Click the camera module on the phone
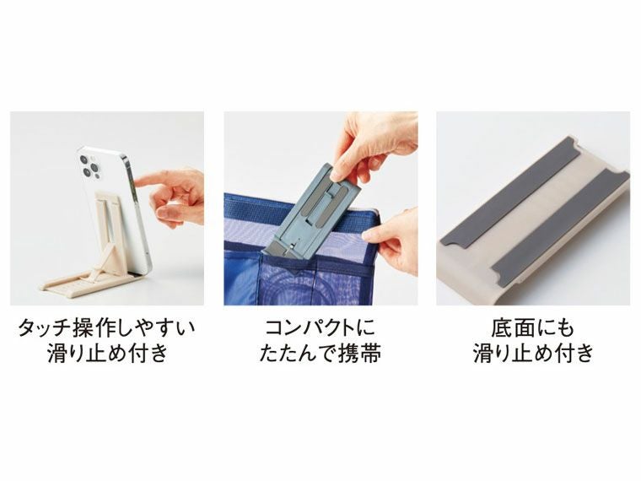tap(91, 166)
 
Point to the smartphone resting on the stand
tap(118, 203)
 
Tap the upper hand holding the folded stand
tap(371, 143)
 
